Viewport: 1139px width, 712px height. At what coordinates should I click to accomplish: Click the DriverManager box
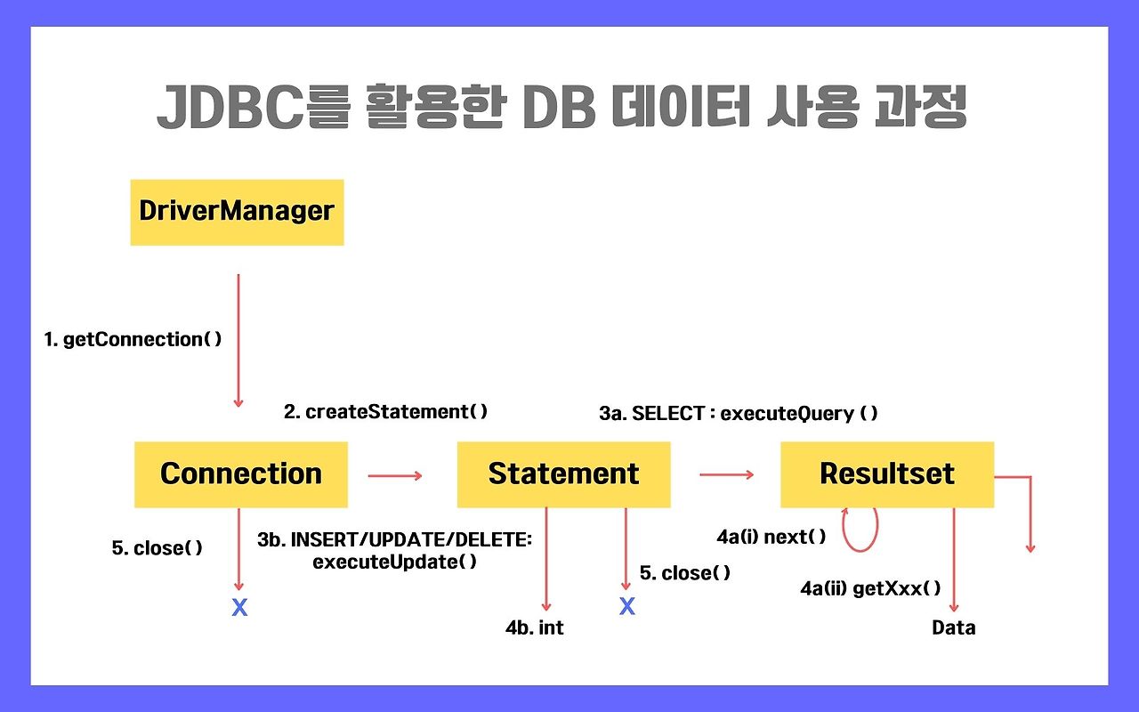[x=237, y=212]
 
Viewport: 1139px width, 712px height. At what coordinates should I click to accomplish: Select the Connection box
[x=240, y=474]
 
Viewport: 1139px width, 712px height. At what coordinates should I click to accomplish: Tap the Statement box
[x=563, y=474]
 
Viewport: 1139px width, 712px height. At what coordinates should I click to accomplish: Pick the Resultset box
[x=886, y=474]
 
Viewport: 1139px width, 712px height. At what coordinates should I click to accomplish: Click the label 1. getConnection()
[x=133, y=339]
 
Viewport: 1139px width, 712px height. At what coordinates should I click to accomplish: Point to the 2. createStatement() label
[x=386, y=411]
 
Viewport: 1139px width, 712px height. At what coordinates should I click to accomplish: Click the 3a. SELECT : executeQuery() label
[x=739, y=413]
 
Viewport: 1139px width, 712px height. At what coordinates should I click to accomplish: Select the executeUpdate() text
[x=394, y=562]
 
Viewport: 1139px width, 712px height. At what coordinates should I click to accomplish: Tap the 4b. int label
[x=534, y=627]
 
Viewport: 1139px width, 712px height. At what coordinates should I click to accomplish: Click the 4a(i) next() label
[x=771, y=537]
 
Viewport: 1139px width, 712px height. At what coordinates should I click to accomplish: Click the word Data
[x=953, y=627]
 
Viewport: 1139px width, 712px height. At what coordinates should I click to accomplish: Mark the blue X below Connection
[x=239, y=608]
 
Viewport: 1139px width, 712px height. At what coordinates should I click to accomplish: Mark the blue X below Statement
[x=627, y=606]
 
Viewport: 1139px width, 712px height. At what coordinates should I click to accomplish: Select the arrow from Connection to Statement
[x=394, y=475]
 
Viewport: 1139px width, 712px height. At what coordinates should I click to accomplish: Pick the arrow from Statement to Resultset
[x=726, y=475]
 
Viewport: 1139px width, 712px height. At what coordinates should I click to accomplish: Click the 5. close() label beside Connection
[x=158, y=548]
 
